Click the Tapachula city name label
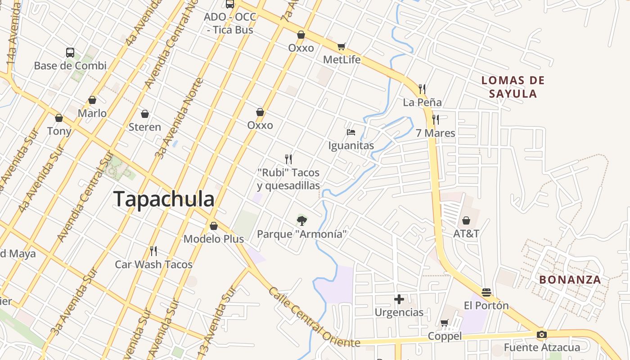[x=164, y=199]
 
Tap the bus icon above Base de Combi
[x=70, y=52]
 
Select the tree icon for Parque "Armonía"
[x=302, y=220]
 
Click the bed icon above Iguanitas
[x=351, y=132]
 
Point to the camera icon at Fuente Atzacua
[x=542, y=334]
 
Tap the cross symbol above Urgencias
[x=399, y=299]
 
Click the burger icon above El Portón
[x=486, y=292]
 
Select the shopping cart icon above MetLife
[x=342, y=46]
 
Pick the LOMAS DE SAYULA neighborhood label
[x=513, y=87]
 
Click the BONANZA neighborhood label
[x=570, y=279]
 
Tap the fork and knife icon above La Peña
[x=422, y=89]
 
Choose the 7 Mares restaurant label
[x=435, y=133]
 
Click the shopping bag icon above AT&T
[x=466, y=220]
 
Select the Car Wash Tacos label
[x=153, y=264]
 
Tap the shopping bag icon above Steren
[x=145, y=114]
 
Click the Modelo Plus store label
[x=213, y=239]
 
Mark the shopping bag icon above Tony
[x=59, y=118]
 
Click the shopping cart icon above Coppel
[x=445, y=323]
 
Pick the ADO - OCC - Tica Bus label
[x=230, y=23]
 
